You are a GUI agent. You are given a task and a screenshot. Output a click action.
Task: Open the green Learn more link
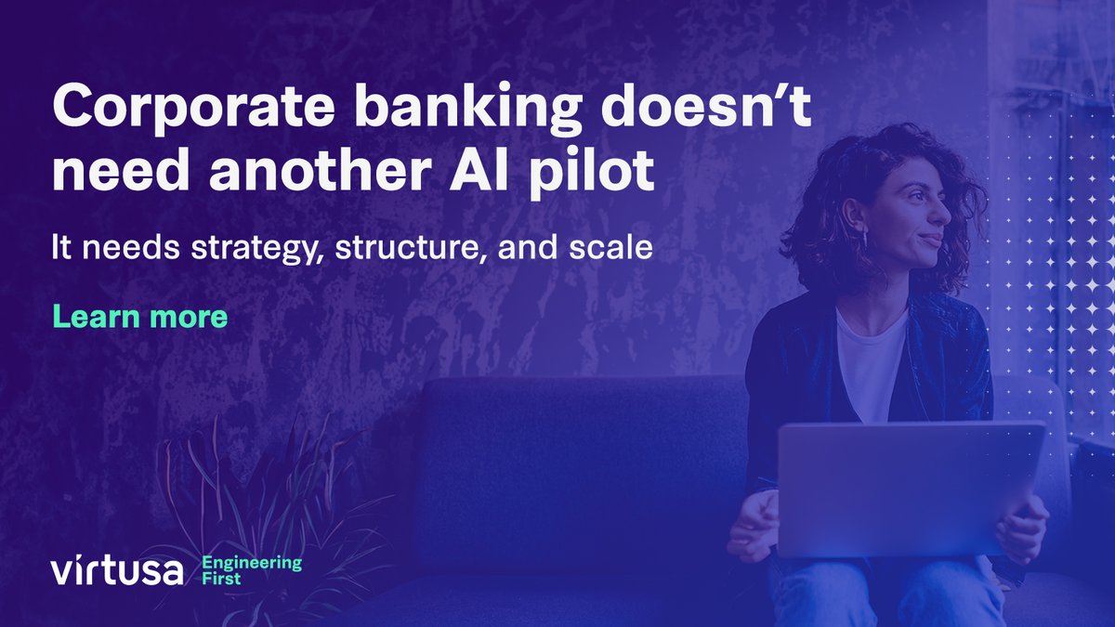coord(139,317)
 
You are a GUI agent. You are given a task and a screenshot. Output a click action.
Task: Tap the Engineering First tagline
coord(252,569)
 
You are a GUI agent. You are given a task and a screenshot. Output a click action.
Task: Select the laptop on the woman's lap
coord(911,488)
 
